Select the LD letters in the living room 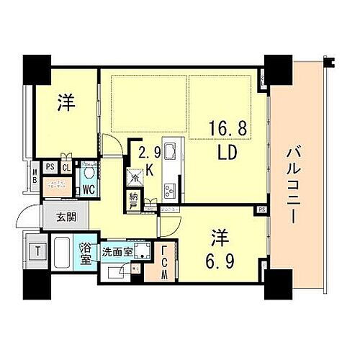tap(231, 155)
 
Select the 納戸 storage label tap(135, 201)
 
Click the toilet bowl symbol tap(90, 174)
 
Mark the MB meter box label tap(35, 176)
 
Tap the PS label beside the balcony tap(261, 210)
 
